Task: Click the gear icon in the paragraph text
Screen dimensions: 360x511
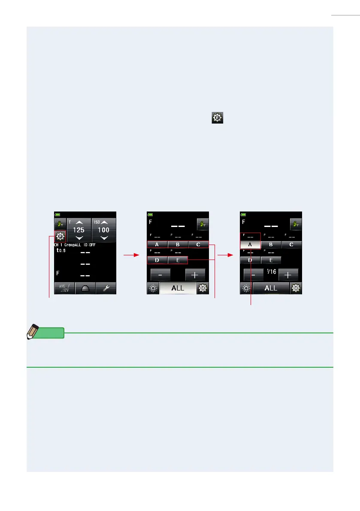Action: pos(217,118)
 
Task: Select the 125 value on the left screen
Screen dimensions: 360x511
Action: pos(79,230)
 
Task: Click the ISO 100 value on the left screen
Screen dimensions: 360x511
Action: pos(103,230)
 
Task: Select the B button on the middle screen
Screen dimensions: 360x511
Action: pos(178,245)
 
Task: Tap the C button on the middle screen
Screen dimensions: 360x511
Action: pos(198,245)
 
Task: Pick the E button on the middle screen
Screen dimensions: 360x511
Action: pos(178,260)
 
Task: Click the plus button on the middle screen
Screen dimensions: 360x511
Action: pos(195,275)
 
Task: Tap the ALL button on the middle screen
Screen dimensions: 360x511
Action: pos(178,288)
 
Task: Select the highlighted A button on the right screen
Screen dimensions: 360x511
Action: pos(250,245)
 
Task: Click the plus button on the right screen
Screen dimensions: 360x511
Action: pos(288,275)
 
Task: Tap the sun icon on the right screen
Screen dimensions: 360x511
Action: pos(246,288)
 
